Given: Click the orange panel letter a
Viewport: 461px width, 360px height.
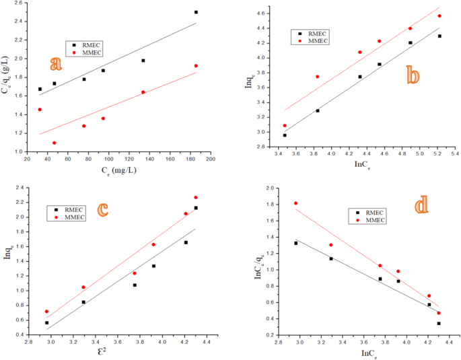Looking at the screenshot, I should pyautogui.click(x=57, y=64).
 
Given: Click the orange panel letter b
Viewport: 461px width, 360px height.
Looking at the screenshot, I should pyautogui.click(x=413, y=75).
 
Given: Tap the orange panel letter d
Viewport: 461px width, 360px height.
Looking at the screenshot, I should pyautogui.click(x=421, y=205).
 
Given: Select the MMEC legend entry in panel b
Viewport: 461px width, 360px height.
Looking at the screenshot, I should pyautogui.click(x=315, y=41).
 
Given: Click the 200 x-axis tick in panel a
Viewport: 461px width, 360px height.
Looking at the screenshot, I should pyautogui.click(x=211, y=159).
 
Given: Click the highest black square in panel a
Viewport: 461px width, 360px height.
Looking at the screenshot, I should pyautogui.click(x=196, y=12).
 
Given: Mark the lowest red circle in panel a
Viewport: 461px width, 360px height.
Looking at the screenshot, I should pyautogui.click(x=54, y=143).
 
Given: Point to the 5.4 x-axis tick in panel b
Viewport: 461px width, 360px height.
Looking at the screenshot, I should pyautogui.click(x=456, y=153).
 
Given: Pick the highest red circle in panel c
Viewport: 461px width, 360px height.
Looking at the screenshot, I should pyautogui.click(x=196, y=197).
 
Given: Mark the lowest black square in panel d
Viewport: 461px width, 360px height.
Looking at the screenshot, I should pyautogui.click(x=439, y=323).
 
